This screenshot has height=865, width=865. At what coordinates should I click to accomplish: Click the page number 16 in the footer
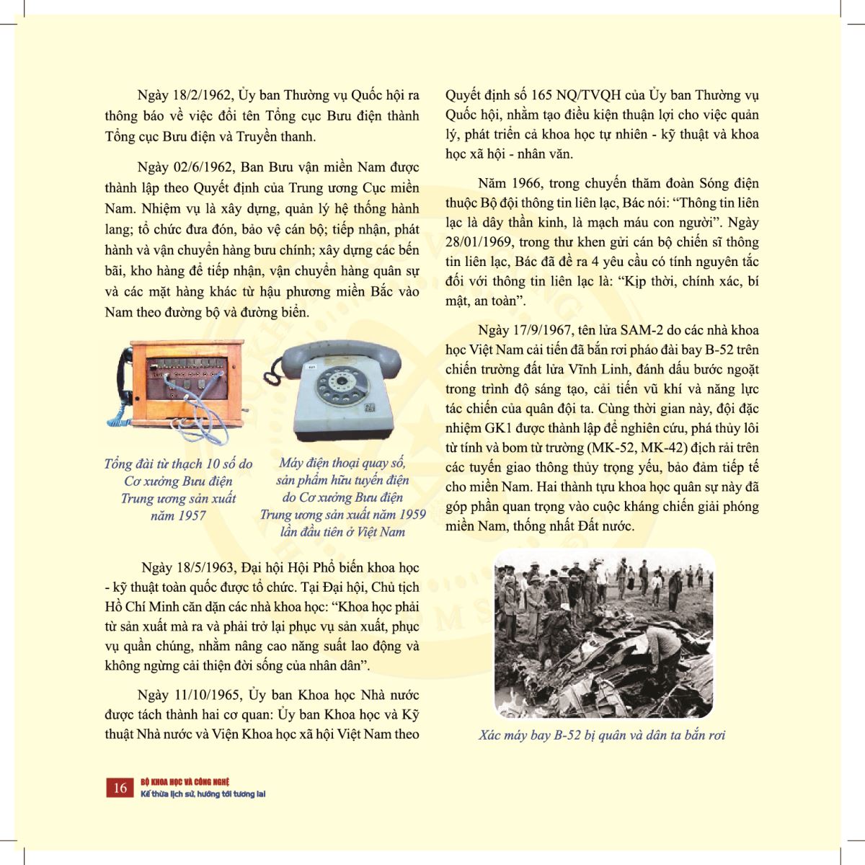[120, 788]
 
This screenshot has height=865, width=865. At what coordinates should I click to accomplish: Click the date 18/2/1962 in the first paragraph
[202, 96]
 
